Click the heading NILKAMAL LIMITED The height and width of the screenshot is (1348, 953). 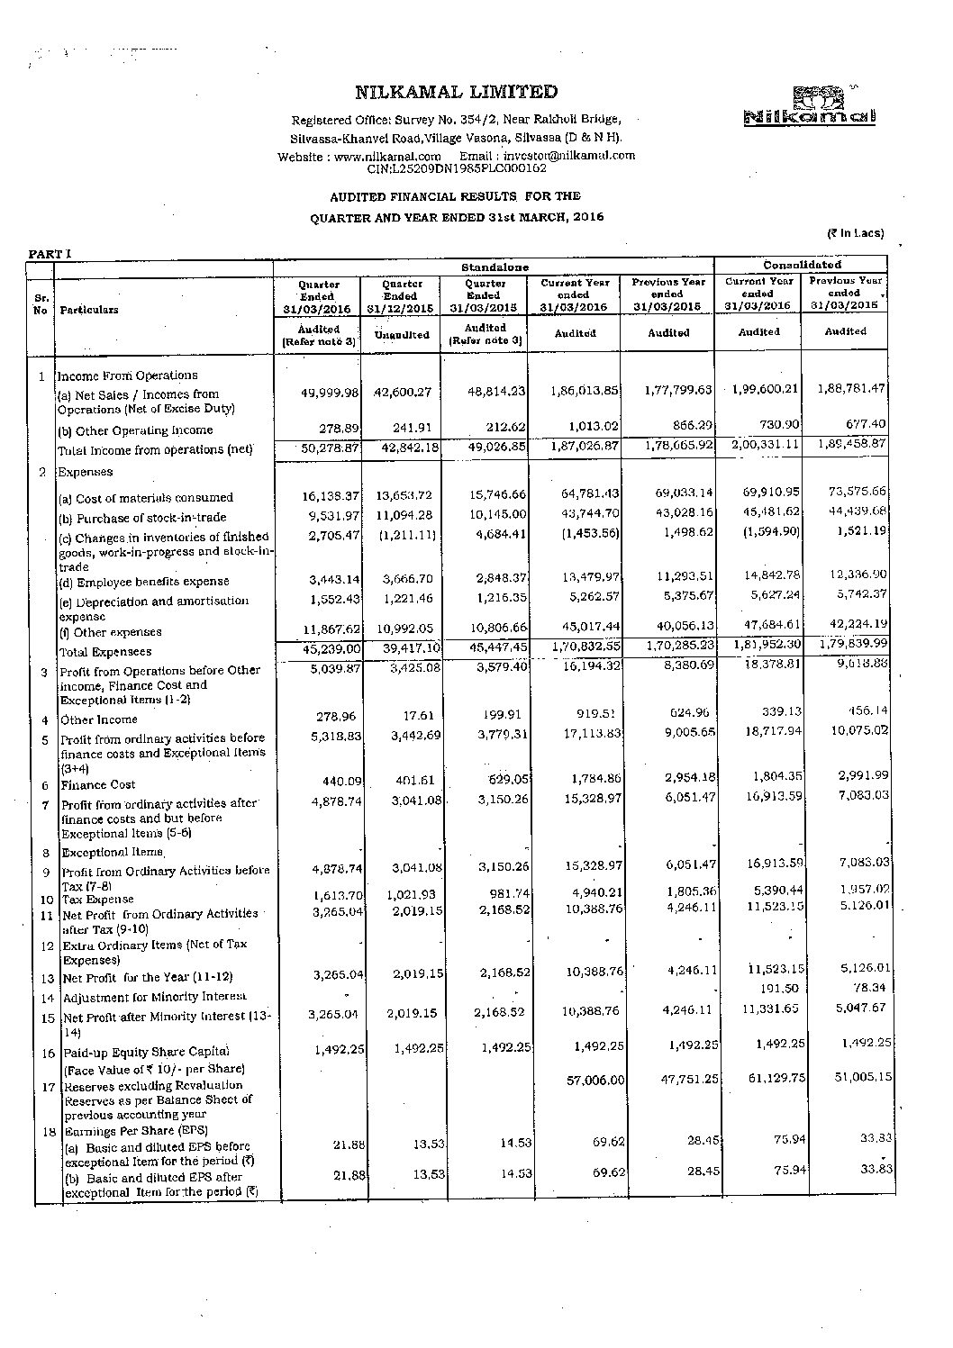point(457,92)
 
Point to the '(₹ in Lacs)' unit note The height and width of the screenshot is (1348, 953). point(856,233)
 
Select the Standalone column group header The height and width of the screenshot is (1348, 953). point(495,267)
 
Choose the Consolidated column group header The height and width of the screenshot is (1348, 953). point(801,265)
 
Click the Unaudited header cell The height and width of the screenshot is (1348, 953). point(401,335)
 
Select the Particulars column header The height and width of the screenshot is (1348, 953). point(90,310)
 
